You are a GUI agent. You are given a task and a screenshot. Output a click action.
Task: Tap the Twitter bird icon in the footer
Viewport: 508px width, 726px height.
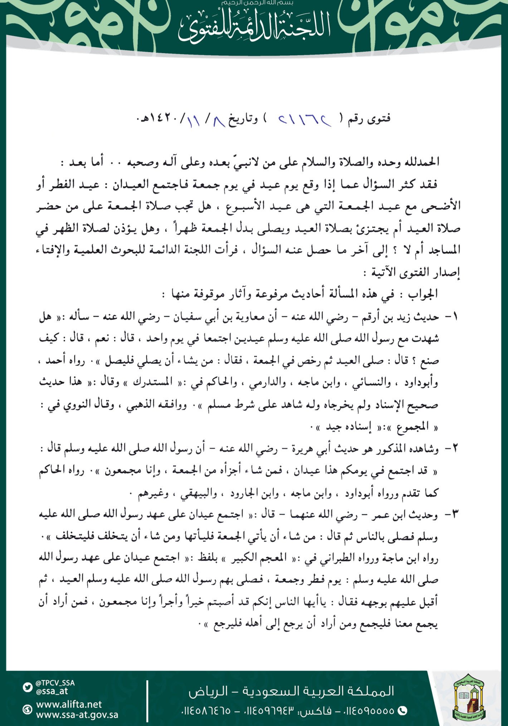[27, 687]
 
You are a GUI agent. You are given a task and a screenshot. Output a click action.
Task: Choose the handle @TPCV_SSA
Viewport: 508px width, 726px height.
[55, 683]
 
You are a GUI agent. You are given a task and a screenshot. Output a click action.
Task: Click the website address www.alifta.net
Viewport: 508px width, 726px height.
[69, 704]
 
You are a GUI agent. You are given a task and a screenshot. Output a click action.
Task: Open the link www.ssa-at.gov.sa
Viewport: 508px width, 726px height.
[77, 715]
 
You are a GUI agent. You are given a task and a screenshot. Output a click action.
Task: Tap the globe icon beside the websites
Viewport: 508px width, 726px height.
[27, 710]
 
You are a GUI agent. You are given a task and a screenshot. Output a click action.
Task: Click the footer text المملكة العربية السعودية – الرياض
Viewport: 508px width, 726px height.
[291, 691]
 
